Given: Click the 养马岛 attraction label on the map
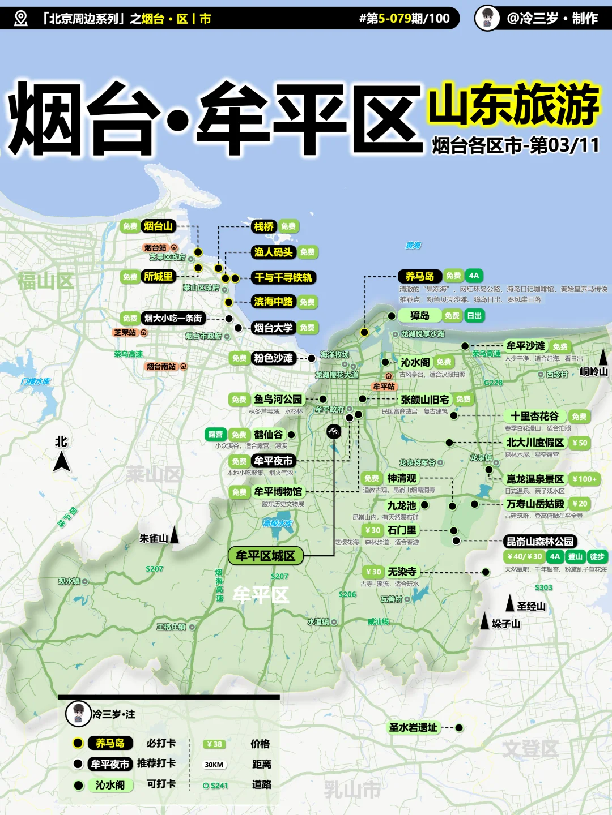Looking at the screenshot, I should pyautogui.click(x=419, y=276).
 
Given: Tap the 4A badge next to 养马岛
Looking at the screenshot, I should pyautogui.click(x=474, y=276).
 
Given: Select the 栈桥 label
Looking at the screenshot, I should pyautogui.click(x=263, y=227).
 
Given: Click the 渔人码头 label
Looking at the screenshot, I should pyautogui.click(x=273, y=252).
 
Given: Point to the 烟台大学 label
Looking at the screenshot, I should pyautogui.click(x=273, y=328).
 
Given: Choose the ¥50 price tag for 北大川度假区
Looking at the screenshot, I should pyautogui.click(x=580, y=443).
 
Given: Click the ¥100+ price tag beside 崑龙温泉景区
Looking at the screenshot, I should pyautogui.click(x=584, y=479).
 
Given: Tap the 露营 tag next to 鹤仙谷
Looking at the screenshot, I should pyautogui.click(x=215, y=435).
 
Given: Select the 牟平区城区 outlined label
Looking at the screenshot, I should pyautogui.click(x=265, y=556).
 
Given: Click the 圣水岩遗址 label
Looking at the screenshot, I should pyautogui.click(x=413, y=728).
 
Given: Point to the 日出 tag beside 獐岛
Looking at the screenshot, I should pyautogui.click(x=474, y=316).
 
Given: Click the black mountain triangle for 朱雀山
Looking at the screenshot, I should pyautogui.click(x=175, y=535).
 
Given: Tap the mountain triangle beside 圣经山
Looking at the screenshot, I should pyautogui.click(x=510, y=603).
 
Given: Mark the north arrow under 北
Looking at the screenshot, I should pyautogui.click(x=62, y=462).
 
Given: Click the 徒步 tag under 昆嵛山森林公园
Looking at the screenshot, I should pyautogui.click(x=597, y=556).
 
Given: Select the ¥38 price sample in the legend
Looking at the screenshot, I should pyautogui.click(x=214, y=744).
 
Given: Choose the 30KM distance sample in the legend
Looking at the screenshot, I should pyautogui.click(x=214, y=765).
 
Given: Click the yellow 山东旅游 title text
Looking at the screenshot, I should pyautogui.click(x=513, y=105).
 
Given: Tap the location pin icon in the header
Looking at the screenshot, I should pyautogui.click(x=20, y=19).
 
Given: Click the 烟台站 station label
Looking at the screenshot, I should pyautogui.click(x=155, y=248).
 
